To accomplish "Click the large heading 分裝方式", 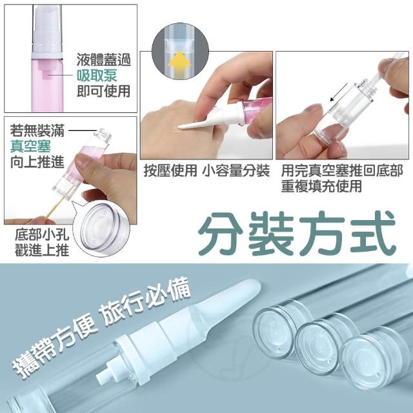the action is [297, 234].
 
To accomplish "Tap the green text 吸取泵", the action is [97, 76].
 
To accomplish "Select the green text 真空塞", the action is [30, 146].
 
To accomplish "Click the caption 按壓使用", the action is [170, 170].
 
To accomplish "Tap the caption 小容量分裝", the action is [236, 170].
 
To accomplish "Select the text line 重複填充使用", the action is [321, 186].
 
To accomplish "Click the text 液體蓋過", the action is [103, 59].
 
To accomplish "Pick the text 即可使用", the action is [103, 91].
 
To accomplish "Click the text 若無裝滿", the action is [37, 131].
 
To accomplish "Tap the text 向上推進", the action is [37, 161].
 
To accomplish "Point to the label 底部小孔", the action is [41, 234].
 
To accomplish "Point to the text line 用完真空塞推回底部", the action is [342, 170].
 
